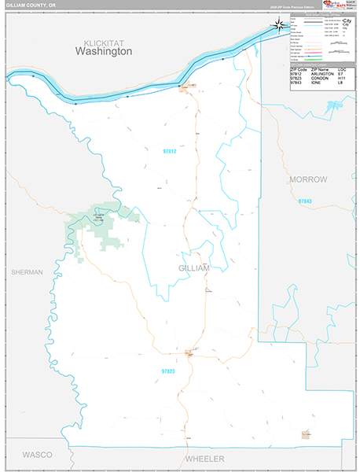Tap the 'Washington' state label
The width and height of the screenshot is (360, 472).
[x=104, y=51]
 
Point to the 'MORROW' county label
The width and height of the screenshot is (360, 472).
[x=307, y=179]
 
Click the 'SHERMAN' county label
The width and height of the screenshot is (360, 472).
[x=27, y=271]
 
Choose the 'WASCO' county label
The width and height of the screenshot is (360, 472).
[x=36, y=455]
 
